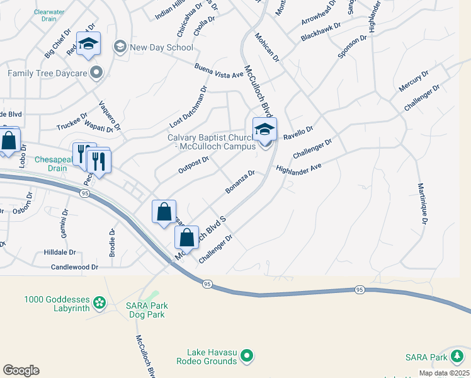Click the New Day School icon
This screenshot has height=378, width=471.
(119, 46)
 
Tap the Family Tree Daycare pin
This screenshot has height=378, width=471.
(96, 73)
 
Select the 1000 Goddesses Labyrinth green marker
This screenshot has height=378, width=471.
(99, 304)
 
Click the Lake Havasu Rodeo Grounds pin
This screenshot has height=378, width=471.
(247, 357)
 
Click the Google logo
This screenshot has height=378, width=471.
(21, 370)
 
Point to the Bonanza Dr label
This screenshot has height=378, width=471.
(240, 182)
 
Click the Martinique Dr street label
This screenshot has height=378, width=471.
(423, 203)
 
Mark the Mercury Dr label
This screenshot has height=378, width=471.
(413, 81)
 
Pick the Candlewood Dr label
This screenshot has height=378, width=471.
(75, 267)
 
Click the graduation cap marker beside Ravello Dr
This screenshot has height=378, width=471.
(264, 130)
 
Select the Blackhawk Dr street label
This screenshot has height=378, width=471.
(321, 33)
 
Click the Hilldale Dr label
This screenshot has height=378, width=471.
(60, 251)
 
